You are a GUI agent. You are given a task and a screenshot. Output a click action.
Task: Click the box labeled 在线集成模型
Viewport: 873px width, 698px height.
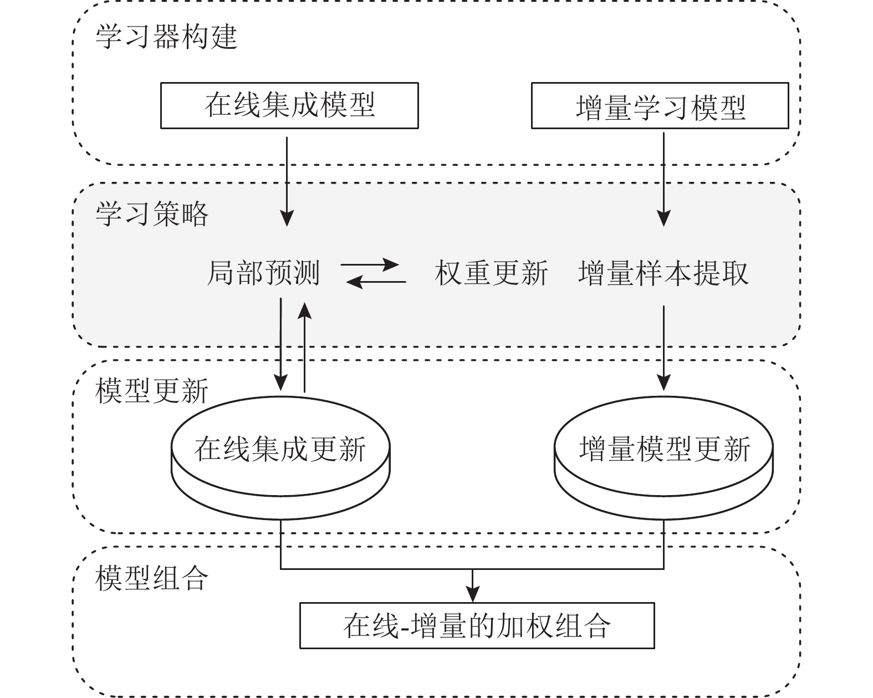[289, 105]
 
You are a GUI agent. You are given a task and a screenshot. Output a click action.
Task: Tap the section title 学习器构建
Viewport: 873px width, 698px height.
[166, 37]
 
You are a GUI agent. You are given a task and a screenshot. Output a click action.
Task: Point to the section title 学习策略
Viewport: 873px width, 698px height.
[152, 213]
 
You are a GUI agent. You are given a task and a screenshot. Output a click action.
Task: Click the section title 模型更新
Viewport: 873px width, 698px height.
[152, 391]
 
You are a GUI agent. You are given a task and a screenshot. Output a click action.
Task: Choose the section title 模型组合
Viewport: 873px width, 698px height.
[152, 578]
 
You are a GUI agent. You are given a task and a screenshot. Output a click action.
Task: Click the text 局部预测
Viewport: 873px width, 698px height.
[263, 273]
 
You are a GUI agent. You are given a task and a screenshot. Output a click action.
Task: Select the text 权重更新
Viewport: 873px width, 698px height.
[491, 273]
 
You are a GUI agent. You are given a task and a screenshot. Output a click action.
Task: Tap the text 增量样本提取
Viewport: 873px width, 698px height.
[663, 273]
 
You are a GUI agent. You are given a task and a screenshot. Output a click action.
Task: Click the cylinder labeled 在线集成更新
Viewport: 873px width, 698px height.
[280, 460]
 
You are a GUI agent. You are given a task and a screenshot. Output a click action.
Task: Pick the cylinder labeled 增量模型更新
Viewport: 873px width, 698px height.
[663, 460]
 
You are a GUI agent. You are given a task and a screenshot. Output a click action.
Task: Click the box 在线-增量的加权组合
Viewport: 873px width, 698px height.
[477, 625]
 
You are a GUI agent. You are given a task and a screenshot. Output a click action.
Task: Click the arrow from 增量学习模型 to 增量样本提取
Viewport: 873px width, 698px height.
[663, 177]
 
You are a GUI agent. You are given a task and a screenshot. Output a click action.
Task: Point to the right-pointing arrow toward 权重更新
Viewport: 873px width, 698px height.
[370, 264]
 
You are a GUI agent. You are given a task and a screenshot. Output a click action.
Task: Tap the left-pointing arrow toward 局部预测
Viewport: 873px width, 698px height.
[376, 282]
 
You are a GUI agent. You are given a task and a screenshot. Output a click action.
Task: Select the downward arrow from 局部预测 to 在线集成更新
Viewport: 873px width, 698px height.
[281, 344]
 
